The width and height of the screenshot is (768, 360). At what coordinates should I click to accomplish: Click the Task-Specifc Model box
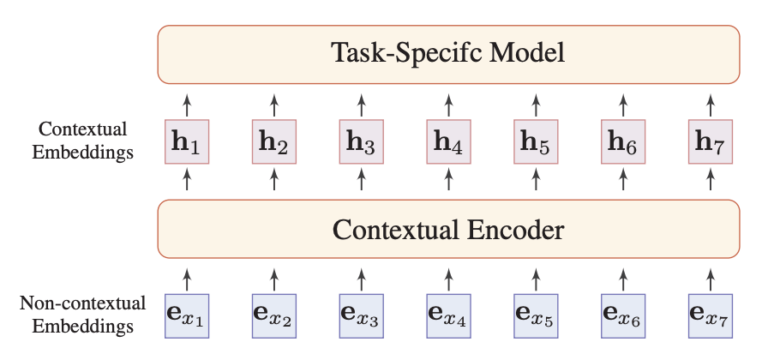(x=448, y=55)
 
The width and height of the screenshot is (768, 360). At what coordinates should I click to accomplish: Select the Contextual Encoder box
(x=448, y=230)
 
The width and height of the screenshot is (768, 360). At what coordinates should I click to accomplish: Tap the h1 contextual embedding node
(x=187, y=142)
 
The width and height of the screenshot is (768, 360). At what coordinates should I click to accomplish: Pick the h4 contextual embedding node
(x=448, y=142)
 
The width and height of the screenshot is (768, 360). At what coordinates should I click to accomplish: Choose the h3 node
(x=361, y=142)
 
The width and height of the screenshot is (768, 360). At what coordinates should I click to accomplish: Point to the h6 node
(x=622, y=142)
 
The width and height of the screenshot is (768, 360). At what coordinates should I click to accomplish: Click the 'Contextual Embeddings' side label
(x=84, y=141)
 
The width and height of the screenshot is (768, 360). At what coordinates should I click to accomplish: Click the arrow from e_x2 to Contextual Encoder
(x=274, y=277)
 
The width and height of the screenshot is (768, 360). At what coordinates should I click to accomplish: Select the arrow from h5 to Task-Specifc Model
(x=536, y=104)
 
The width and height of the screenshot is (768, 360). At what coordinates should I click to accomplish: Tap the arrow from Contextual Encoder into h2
(x=274, y=181)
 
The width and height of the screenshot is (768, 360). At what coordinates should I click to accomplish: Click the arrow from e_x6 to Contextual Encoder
(x=622, y=277)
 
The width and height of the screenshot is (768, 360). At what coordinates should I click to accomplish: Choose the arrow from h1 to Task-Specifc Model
(x=187, y=104)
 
